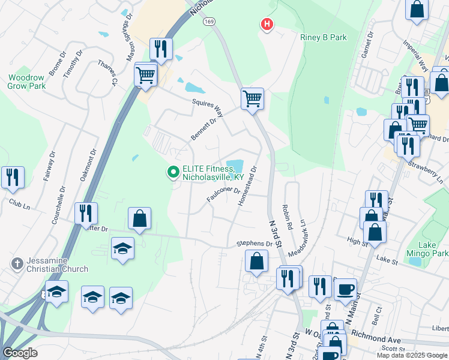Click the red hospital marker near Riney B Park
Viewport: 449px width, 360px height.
[x=267, y=25]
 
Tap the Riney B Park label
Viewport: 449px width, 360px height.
[x=324, y=37]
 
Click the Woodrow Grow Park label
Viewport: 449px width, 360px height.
[x=26, y=82]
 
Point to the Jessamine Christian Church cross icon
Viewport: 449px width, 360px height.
[x=17, y=263]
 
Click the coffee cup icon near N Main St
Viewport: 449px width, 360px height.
[x=345, y=289]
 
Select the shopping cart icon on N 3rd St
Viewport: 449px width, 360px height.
[x=252, y=98]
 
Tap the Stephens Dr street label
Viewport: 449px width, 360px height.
[x=255, y=244]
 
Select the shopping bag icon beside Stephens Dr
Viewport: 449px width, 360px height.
[x=256, y=262]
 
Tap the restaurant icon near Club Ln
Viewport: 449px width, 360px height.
[x=13, y=177]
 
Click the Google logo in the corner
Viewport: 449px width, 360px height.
[x=20, y=353]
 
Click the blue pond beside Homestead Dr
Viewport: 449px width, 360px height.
[x=234, y=165]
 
